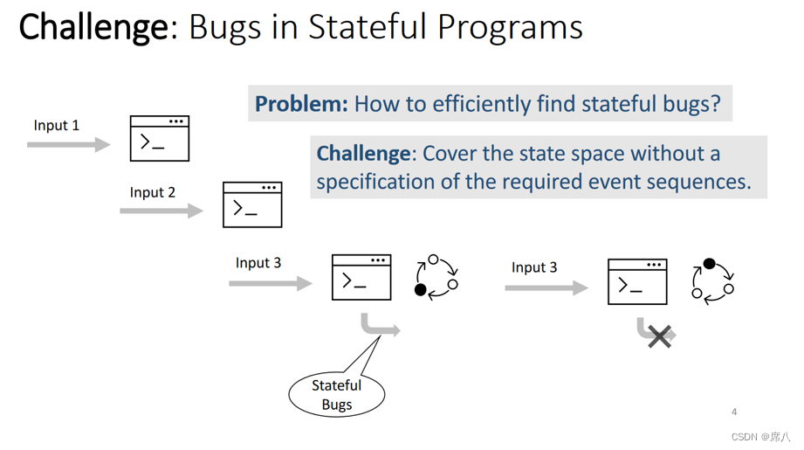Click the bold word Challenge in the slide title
tap(93, 27)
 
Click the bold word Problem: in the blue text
tap(301, 104)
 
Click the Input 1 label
tap(57, 125)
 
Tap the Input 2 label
tap(153, 192)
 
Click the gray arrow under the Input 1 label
tap(68, 144)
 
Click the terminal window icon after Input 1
tap(160, 138)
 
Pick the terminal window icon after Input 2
tap(252, 204)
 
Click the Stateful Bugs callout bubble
tap(336, 395)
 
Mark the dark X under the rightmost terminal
tap(660, 336)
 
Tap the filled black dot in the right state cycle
tap(709, 264)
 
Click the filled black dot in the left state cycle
tap(421, 290)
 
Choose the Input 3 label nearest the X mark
tap(534, 267)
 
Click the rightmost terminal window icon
tap(637, 281)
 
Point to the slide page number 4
tap(734, 412)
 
